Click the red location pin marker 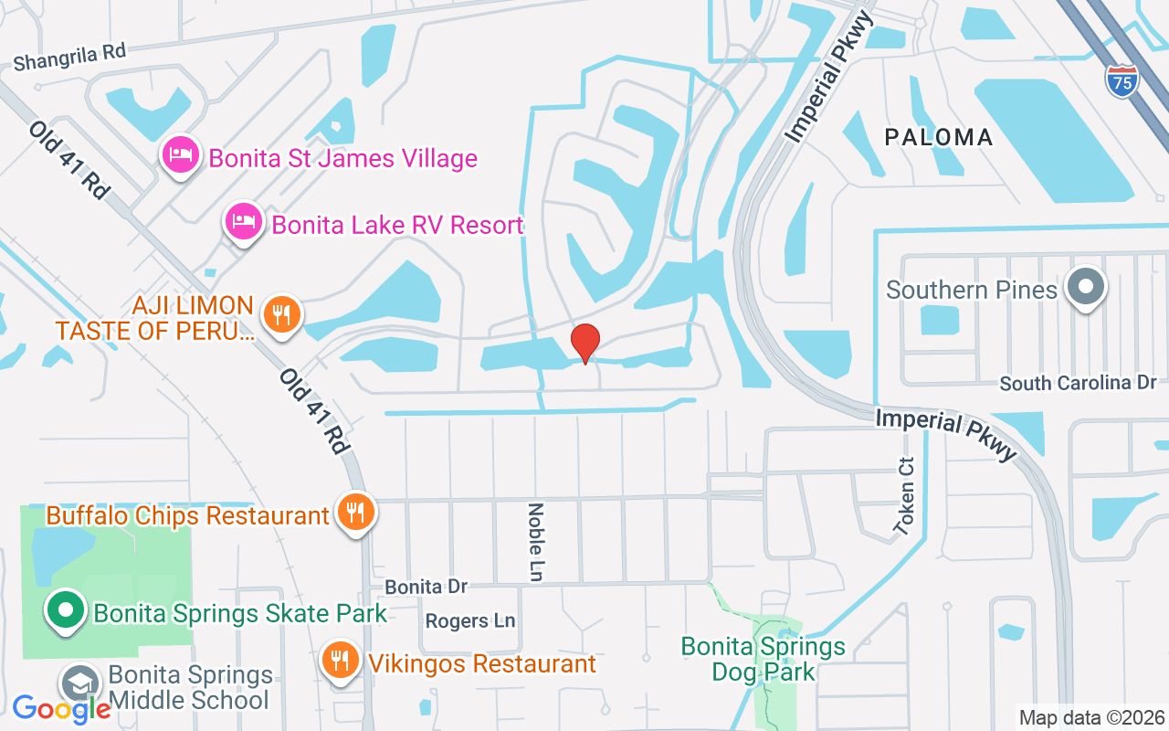pos(585,343)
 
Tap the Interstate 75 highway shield pos(1122,80)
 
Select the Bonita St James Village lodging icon pos(181,155)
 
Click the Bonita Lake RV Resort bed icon pos(244,222)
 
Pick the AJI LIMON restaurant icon pos(282,315)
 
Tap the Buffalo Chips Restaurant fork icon pos(354,513)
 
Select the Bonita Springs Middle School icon pos(80,683)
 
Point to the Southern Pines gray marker pos(1086,287)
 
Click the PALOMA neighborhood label pos(938,137)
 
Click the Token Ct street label pos(905,495)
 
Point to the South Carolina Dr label pos(1078,383)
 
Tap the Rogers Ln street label pos(470,621)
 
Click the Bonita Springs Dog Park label pos(764,660)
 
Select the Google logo pos(61,708)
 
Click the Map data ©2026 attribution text pos(1091,717)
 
